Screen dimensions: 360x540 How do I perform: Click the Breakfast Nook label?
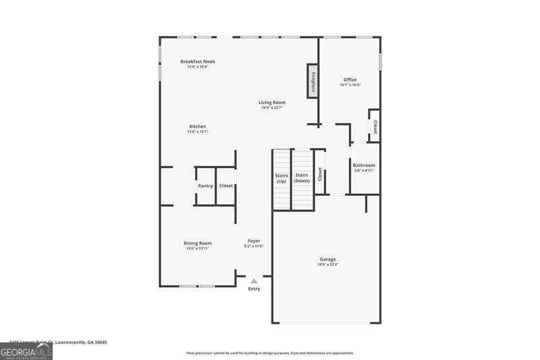click(197, 61)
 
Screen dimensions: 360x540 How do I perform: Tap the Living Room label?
click(272, 103)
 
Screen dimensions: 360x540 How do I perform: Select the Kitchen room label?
click(197, 126)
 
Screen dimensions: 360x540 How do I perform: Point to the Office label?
click(350, 80)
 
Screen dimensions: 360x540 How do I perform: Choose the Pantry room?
click(205, 186)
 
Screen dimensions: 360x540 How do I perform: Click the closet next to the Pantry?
click(225, 186)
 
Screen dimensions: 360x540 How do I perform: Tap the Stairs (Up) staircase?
click(281, 179)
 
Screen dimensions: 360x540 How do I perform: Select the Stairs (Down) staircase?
click(302, 179)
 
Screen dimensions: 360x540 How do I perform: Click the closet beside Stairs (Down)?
click(320, 173)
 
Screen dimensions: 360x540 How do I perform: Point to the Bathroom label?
click(364, 165)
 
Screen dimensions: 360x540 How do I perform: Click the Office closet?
click(375, 126)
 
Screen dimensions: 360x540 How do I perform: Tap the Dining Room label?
click(198, 243)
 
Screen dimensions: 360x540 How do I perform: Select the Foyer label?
click(254, 241)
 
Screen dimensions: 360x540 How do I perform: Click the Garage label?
click(327, 259)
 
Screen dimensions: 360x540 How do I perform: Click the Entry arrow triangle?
click(254, 280)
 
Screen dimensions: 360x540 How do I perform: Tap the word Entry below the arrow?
click(254, 289)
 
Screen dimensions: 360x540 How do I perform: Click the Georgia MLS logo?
click(26, 352)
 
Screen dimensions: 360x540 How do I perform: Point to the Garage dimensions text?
click(327, 265)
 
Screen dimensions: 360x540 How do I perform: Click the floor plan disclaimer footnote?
click(269, 353)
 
